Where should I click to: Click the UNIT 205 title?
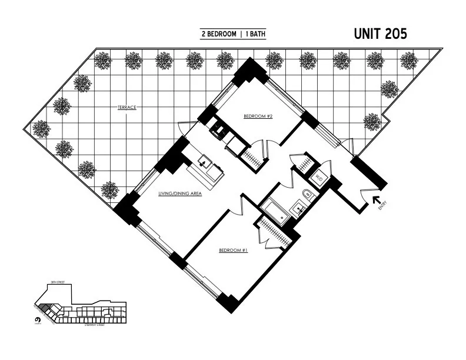[380, 34]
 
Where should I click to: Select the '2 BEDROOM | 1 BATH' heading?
[233, 35]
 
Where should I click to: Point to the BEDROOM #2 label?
[258, 116]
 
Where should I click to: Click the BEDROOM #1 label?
[232, 250]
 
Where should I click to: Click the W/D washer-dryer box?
[319, 177]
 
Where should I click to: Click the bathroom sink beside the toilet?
[298, 209]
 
